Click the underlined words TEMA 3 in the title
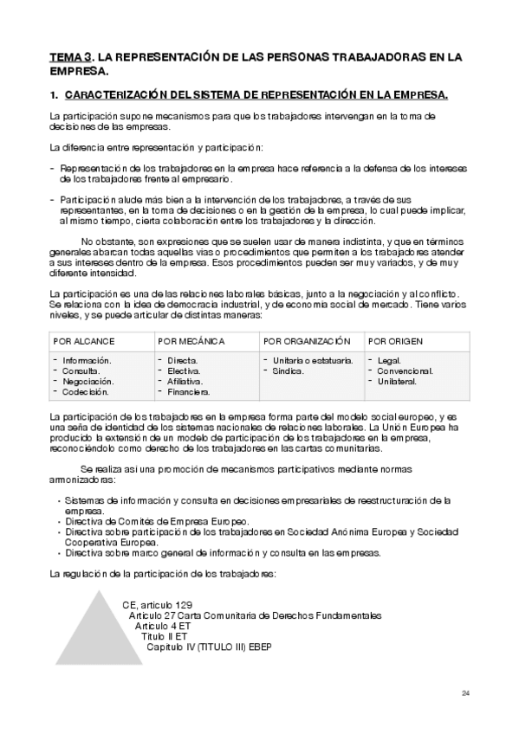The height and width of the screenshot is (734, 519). [71, 57]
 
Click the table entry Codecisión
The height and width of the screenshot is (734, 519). [87, 392]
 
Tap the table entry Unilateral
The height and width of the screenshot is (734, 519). [399, 381]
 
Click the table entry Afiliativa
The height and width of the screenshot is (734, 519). [185, 381]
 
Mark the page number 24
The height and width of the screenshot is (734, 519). [465, 693]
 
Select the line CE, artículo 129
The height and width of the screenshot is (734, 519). [157, 603]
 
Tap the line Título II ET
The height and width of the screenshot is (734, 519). [165, 636]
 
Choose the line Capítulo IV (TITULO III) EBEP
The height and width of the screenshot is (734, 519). [209, 647]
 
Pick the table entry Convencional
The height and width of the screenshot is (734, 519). [404, 370]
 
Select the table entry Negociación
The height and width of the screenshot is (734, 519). [88, 381]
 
